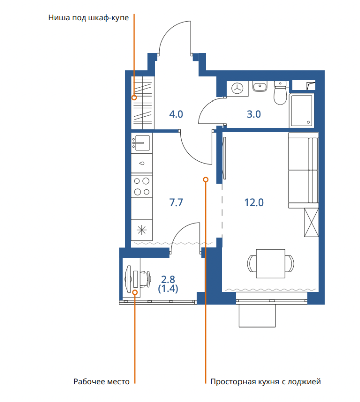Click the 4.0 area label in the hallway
[x=176, y=114]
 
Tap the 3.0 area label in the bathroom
[x=254, y=114]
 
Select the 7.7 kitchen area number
[x=176, y=203]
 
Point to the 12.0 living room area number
[x=254, y=203]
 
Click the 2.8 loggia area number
[x=168, y=279]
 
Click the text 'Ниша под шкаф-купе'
[x=88, y=18]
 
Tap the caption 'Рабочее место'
[x=101, y=382]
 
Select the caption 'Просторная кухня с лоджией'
[x=266, y=382]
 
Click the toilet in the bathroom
[x=280, y=93]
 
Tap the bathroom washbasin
[x=260, y=86]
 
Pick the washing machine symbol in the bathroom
[x=237, y=89]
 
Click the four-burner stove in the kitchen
[x=142, y=186]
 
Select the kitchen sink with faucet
[x=142, y=143]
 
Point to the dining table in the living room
[x=271, y=263]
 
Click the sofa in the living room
[x=303, y=170]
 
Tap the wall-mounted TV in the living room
[x=225, y=158]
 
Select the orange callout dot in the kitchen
[x=206, y=180]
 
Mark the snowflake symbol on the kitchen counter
[x=142, y=230]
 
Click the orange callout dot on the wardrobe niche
[x=134, y=97]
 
